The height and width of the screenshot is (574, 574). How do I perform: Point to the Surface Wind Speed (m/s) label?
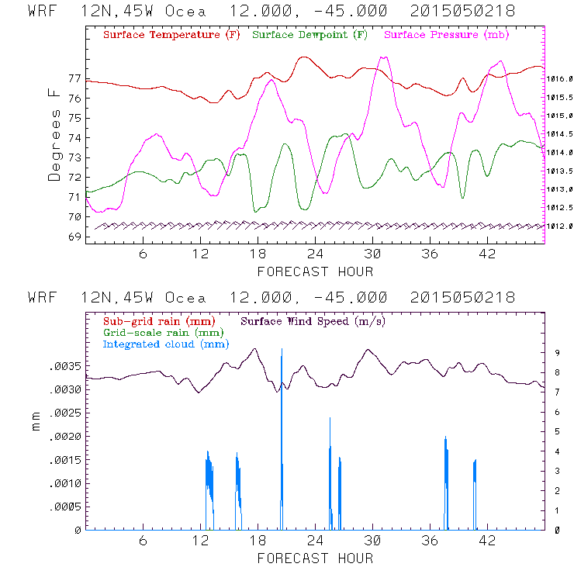pyautogui.click(x=313, y=320)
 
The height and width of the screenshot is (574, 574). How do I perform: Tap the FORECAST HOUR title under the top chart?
pyautogui.click(x=315, y=271)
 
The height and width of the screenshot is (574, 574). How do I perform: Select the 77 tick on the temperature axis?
pyautogui.click(x=74, y=79)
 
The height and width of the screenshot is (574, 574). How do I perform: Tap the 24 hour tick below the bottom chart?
pyautogui.click(x=315, y=541)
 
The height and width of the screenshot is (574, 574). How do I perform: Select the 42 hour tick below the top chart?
pyautogui.click(x=487, y=254)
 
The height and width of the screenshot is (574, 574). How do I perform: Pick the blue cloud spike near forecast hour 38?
pyautogui.click(x=446, y=465)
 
